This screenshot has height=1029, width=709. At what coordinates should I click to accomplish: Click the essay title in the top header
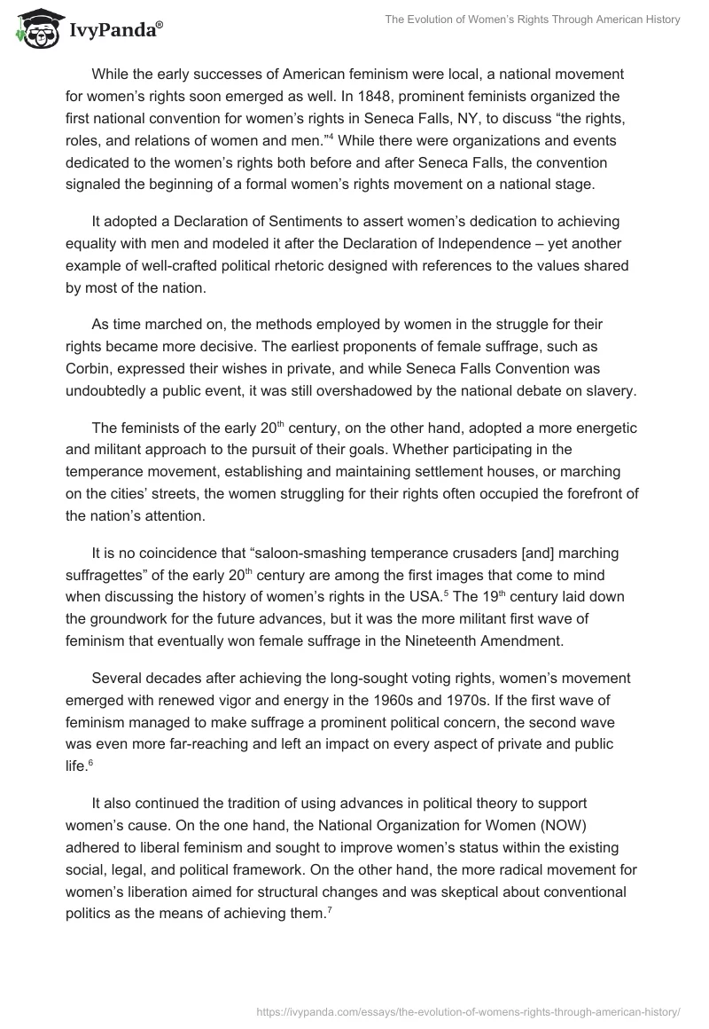click(x=532, y=20)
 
